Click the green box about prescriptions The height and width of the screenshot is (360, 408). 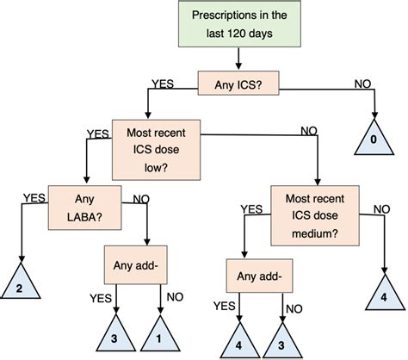(239, 25)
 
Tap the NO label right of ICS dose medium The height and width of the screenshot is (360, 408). (379, 208)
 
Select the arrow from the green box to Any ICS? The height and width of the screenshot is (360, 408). (238, 59)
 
